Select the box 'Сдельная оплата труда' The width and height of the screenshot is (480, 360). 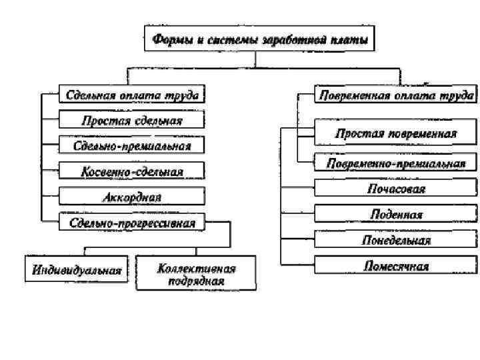coord(132,95)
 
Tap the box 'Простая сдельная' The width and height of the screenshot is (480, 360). coord(132,120)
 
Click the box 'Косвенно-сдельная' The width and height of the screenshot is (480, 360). coord(132,171)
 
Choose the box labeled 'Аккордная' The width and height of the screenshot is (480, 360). coord(132,197)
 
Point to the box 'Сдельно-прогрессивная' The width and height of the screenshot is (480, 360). coord(132,222)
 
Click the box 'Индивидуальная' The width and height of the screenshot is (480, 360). coord(77,270)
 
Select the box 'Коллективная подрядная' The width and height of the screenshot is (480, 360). coord(197,274)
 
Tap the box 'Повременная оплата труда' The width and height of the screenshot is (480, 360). coord(395,95)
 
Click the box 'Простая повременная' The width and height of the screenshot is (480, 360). coord(395,133)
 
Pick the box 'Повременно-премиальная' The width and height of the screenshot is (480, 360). coord(395,162)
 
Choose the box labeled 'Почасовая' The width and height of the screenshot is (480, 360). coord(395,189)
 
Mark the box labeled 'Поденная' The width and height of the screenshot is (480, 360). coord(395,214)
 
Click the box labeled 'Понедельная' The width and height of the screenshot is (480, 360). coord(395,239)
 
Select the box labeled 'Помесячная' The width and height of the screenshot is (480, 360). coord(395,265)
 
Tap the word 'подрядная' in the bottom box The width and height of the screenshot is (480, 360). coord(196,281)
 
